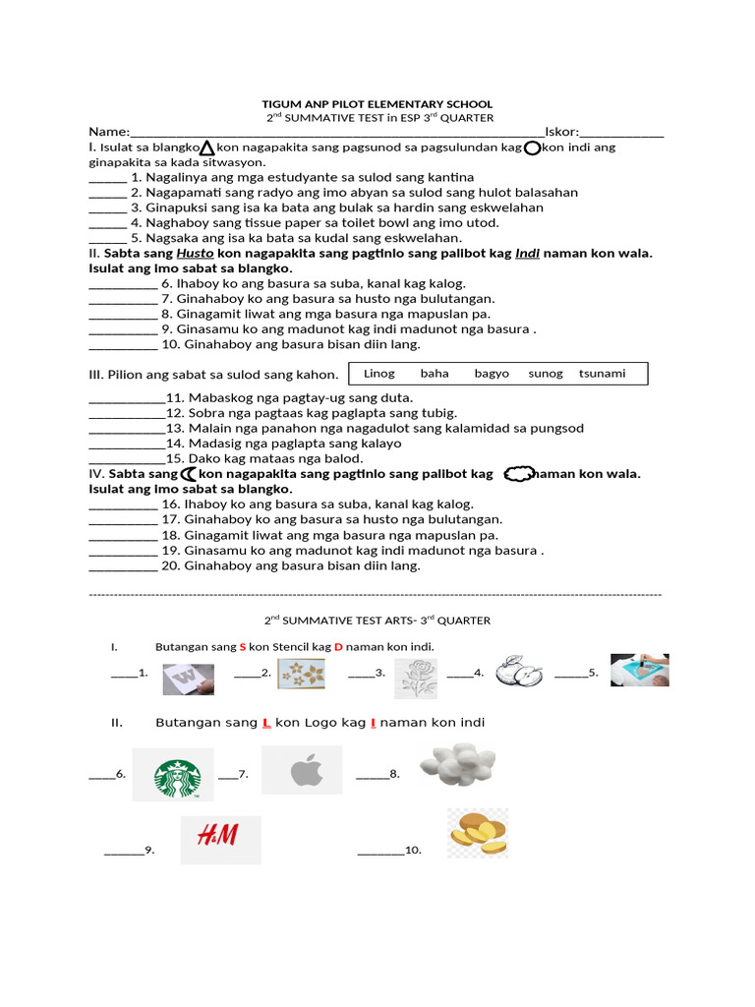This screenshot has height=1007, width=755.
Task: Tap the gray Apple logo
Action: point(303,772)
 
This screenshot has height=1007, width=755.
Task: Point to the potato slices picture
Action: point(478,835)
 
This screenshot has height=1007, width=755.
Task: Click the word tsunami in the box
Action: point(602,374)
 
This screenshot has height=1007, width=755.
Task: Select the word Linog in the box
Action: point(378,374)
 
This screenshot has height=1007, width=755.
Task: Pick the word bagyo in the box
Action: point(492,374)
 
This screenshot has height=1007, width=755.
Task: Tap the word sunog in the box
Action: point(546,374)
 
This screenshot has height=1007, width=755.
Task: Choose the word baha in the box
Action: point(435,374)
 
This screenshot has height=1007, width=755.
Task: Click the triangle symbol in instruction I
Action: point(207,148)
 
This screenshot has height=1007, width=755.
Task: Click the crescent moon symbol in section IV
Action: point(189,474)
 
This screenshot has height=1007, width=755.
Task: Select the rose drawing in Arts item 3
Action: point(416,678)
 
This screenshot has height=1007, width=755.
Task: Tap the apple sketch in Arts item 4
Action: point(520,674)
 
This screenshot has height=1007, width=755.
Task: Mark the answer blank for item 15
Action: point(127,458)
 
